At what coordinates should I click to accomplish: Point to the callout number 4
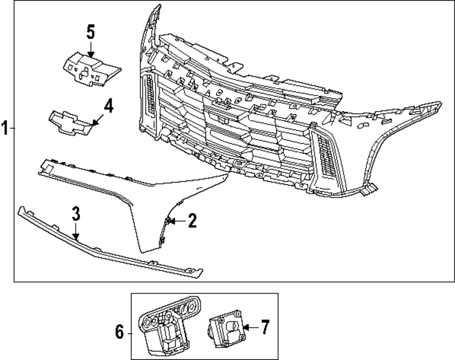pyautogui.click(x=108, y=107)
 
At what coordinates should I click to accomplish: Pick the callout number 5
pyautogui.click(x=91, y=32)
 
